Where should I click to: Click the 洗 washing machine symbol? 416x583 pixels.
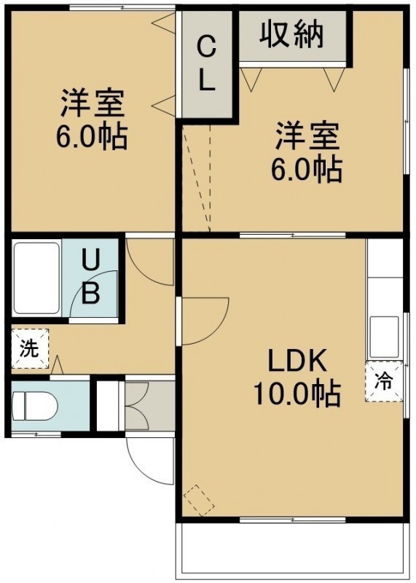coord(30,348)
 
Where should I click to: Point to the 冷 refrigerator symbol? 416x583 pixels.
coord(384,381)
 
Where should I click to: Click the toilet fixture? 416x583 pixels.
coord(34,406)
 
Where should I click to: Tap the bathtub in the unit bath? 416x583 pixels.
coord(36,278)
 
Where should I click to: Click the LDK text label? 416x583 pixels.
coord(297,361)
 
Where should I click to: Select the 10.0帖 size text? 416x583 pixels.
coord(297,394)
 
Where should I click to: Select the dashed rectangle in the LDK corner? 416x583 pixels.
coord(200,500)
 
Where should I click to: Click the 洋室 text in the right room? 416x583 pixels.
coord(307,136)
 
